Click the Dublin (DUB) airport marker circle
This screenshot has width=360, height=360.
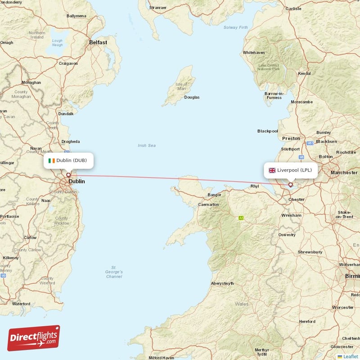pyautogui.click(x=68, y=175)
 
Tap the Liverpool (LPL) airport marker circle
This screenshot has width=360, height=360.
pyautogui.click(x=291, y=184)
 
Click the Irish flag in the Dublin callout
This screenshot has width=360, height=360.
pyautogui.click(x=52, y=160)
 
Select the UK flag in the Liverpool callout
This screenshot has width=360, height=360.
pyautogui.click(x=272, y=170)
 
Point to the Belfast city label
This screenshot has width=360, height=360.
pyautogui.click(x=98, y=42)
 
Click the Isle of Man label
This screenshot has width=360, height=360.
pyautogui.click(x=181, y=86)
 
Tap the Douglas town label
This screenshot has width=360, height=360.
pyautogui.click(x=192, y=97)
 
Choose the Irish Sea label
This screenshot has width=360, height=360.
pyautogui.click(x=147, y=145)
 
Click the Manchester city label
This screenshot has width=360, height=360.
pyautogui.click(x=343, y=172)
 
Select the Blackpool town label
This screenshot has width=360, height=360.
pyautogui.click(x=268, y=131)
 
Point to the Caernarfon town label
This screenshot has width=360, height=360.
pyautogui.click(x=208, y=204)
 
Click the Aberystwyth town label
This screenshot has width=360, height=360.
pyautogui.click(x=222, y=283)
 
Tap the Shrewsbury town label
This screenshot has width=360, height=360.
pyautogui.click(x=310, y=252)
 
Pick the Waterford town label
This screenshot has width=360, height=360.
pyautogui.click(x=21, y=304)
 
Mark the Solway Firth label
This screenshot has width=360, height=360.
pyautogui.click(x=236, y=27)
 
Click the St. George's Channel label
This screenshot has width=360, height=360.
pyautogui.click(x=114, y=272)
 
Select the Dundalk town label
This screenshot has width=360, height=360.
pyautogui.click(x=66, y=114)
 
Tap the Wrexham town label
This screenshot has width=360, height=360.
pyautogui.click(x=291, y=215)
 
